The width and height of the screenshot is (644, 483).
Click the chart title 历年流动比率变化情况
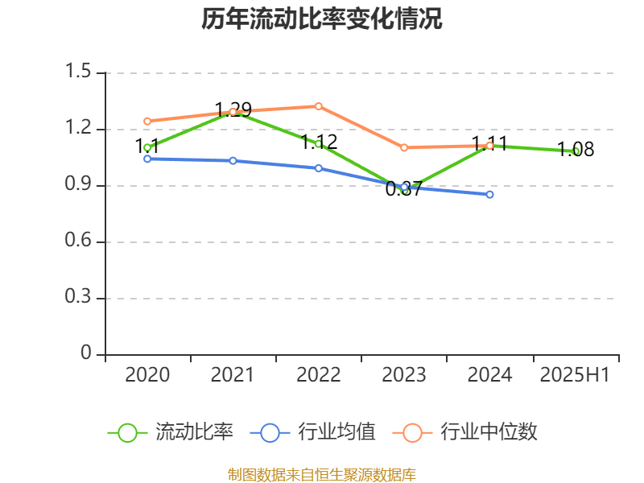tap(322, 19)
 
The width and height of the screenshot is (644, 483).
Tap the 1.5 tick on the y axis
tap(80, 73)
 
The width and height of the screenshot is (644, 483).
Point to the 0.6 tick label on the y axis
tap(80, 242)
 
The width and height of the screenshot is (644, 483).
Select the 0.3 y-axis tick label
tap(80, 299)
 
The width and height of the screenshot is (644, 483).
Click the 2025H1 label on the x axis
tap(576, 375)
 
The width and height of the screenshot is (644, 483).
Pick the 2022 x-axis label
tap(319, 375)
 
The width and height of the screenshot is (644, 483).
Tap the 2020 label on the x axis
tap(147, 375)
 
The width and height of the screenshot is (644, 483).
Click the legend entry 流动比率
tap(194, 432)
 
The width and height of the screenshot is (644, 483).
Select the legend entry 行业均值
tap(336, 432)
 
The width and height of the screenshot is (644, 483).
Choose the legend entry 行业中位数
tap(489, 432)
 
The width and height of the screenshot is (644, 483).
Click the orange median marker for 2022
tap(319, 106)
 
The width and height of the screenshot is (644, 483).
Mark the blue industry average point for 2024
tap(489, 195)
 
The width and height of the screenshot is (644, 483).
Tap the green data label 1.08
tap(576, 150)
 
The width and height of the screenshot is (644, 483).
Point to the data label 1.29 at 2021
tap(233, 109)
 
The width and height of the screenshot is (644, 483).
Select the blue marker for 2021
tap(233, 161)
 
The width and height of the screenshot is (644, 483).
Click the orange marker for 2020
tap(147, 122)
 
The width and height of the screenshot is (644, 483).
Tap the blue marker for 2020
tap(147, 159)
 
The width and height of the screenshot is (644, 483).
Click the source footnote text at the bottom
tap(322, 474)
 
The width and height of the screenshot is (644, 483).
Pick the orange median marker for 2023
tap(404, 147)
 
